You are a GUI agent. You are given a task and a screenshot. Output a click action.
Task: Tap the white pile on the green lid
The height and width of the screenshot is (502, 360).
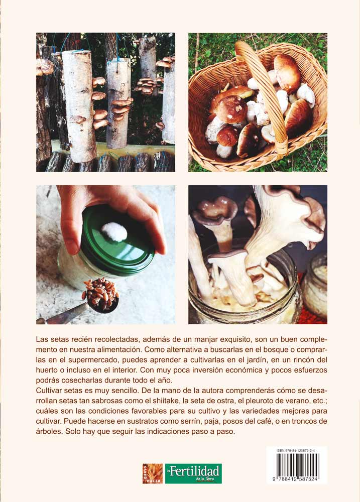pos(114,232)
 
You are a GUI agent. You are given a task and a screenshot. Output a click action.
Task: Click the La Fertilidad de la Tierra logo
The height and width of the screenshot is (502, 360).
pos(193,473)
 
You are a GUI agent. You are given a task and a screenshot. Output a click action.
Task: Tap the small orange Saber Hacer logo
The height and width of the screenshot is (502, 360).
pos(152,473)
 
